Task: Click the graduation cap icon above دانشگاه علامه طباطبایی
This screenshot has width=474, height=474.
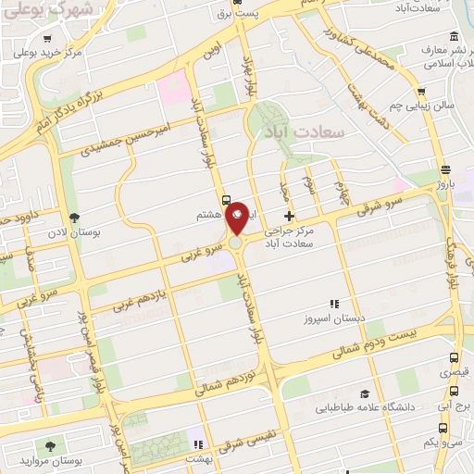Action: pos(364,393)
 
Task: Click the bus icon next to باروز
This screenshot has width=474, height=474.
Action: pos(445,169)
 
